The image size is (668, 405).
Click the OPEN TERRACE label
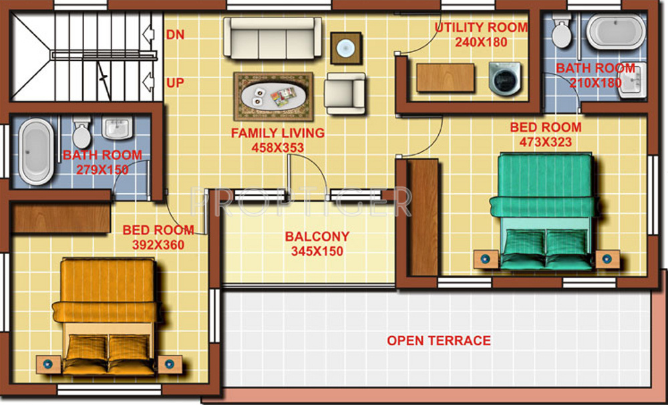(439, 341)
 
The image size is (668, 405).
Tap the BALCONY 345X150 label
(317, 244)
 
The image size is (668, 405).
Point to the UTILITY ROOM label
(481, 28)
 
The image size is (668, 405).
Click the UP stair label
(175, 84)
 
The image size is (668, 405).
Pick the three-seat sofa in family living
(272, 39)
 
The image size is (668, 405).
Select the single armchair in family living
(345, 93)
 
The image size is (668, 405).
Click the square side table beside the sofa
(346, 48)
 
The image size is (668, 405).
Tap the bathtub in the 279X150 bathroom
(35, 152)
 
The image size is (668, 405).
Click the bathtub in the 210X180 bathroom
(616, 32)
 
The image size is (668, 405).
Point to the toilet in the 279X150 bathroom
(81, 133)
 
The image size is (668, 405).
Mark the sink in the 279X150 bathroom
(119, 127)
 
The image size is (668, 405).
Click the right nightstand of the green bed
(607, 259)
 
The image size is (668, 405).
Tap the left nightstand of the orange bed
(48, 364)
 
